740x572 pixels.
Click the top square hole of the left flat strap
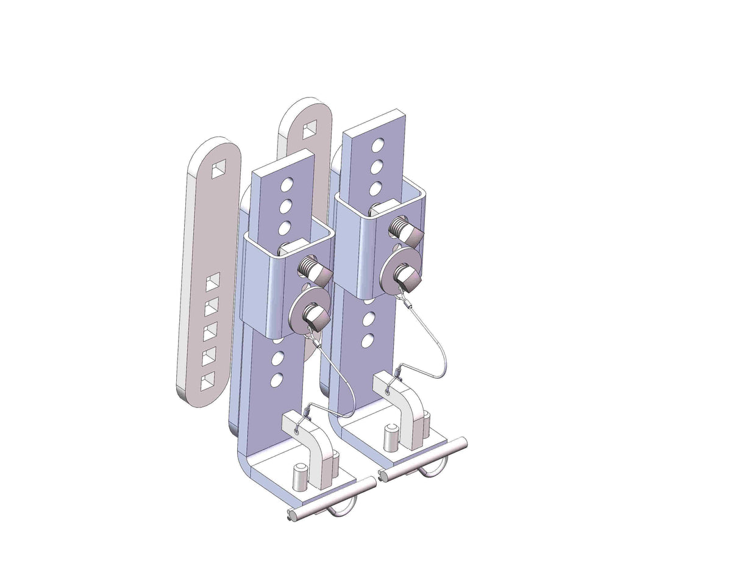point(218,170)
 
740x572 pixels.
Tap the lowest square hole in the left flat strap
point(208,381)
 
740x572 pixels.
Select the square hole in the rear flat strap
point(310,128)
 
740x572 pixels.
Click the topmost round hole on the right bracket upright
point(378,145)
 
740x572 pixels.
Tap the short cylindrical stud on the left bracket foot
point(299,476)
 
